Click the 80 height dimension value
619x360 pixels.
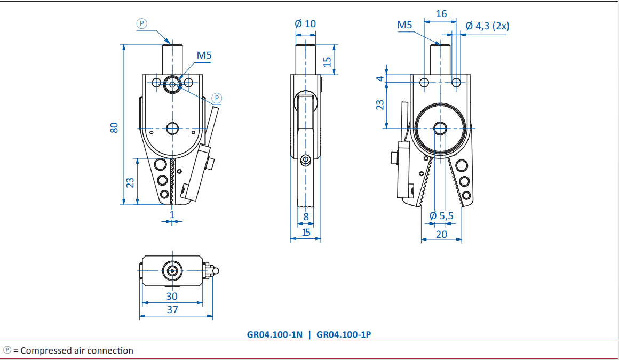coord(114,127)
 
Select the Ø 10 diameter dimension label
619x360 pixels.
coord(305,23)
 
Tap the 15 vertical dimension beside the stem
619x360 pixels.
coord(327,61)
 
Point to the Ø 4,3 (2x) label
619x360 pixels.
coord(488,26)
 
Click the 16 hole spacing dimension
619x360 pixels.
coord(441,14)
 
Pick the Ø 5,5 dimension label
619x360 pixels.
coord(441,216)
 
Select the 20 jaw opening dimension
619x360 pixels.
coord(441,235)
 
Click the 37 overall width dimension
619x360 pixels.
coord(172,310)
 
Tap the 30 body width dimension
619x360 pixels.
coord(172,297)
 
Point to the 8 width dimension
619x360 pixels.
coord(306,217)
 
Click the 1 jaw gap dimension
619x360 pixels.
coord(172,215)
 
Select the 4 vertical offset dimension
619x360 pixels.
coord(380,78)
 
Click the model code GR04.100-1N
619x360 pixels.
coord(275,335)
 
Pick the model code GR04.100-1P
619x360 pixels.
coord(344,335)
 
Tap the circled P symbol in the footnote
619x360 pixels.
coord(7,350)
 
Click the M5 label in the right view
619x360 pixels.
coord(404,25)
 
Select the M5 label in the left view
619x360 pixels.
coord(204,55)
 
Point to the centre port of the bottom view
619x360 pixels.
coord(172,271)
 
